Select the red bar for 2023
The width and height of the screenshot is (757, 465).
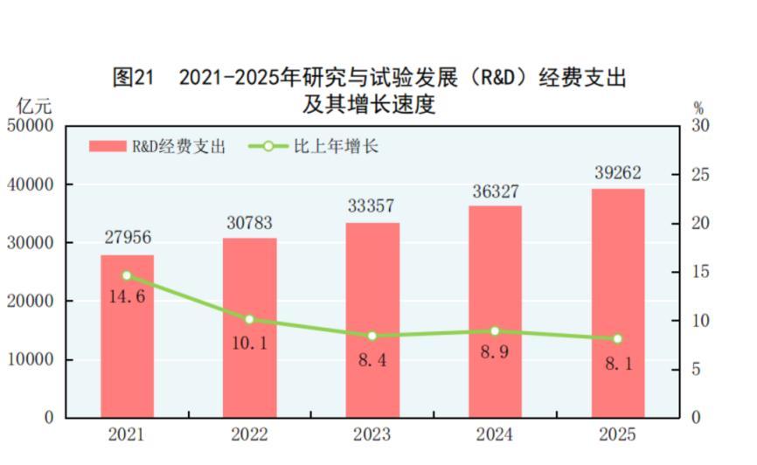[372, 385]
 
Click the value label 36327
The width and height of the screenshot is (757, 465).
[495, 191]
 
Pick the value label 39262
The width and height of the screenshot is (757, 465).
[617, 174]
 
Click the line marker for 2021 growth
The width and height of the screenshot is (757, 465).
[127, 275]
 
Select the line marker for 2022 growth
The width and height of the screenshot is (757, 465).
[249, 320]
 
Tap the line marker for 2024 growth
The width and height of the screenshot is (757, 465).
[495, 331]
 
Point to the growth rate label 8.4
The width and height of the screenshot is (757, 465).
[372, 359]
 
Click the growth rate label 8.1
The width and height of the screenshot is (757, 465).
[617, 362]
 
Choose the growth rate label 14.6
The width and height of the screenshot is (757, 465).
[127, 296]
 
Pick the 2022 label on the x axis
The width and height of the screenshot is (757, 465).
[249, 434]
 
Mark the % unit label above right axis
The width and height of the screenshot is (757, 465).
[698, 108]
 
